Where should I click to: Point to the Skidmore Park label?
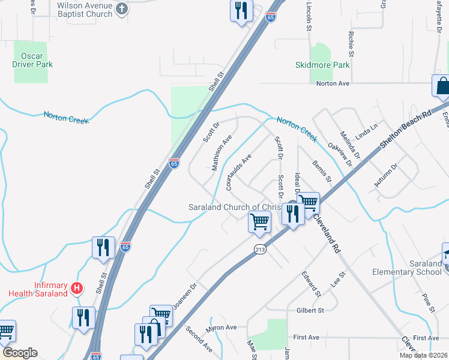click(x=322, y=65)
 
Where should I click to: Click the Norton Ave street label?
click(x=333, y=83)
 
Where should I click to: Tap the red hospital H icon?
click(x=76, y=289)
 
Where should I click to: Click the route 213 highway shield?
click(x=260, y=249)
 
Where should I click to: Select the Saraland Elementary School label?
click(x=408, y=268)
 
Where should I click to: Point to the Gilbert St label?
click(x=310, y=310)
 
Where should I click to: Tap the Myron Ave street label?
click(x=222, y=328)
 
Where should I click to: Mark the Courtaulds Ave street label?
click(x=238, y=172)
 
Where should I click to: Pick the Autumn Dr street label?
click(x=386, y=175)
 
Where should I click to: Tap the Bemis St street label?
click(x=321, y=170)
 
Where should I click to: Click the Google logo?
click(x=20, y=353)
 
